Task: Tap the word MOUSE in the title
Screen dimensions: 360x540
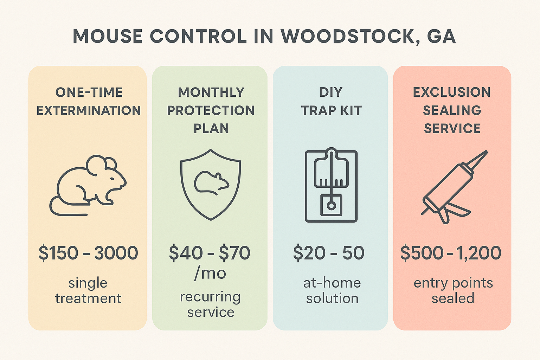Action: pyautogui.click(x=108, y=37)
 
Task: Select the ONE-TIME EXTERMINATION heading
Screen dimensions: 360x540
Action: pyautogui.click(x=89, y=101)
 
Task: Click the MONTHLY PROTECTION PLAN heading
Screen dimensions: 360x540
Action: pyautogui.click(x=211, y=110)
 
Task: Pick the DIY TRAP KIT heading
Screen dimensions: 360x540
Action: pyautogui.click(x=331, y=101)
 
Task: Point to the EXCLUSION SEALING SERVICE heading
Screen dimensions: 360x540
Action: pyautogui.click(x=452, y=110)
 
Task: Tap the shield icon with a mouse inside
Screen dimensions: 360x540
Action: pyautogui.click(x=211, y=185)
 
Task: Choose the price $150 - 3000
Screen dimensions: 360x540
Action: pyautogui.click(x=88, y=253)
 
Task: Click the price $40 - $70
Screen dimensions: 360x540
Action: pyautogui.click(x=210, y=253)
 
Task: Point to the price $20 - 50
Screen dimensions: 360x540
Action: pyautogui.click(x=329, y=253)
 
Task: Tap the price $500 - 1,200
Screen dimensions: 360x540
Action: pyautogui.click(x=451, y=253)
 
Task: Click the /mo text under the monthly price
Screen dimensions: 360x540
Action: pyautogui.click(x=210, y=273)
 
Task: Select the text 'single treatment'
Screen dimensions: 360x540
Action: pyautogui.click(x=88, y=291)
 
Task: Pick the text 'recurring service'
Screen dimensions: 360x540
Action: pyautogui.click(x=211, y=304)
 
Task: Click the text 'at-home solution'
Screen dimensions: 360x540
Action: pyautogui.click(x=332, y=291)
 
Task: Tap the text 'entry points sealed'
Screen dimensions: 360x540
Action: pyautogui.click(x=453, y=291)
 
